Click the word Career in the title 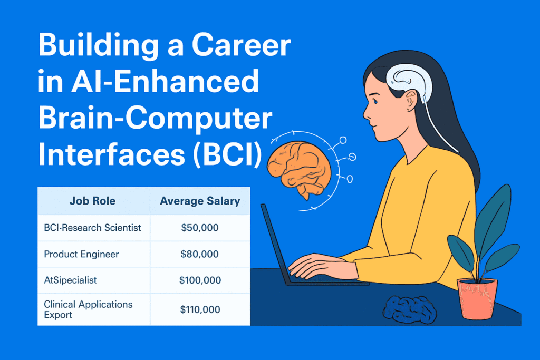pyautogui.click(x=241, y=47)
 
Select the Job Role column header pyautogui.click(x=92, y=201)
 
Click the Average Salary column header pyautogui.click(x=200, y=201)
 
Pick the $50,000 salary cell pyautogui.click(x=199, y=228)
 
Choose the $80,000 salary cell pyautogui.click(x=199, y=254)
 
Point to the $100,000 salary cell pyautogui.click(x=200, y=280)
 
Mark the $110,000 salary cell pyautogui.click(x=200, y=309)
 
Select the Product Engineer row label pyautogui.click(x=81, y=254)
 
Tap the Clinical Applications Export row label pyautogui.click(x=88, y=309)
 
